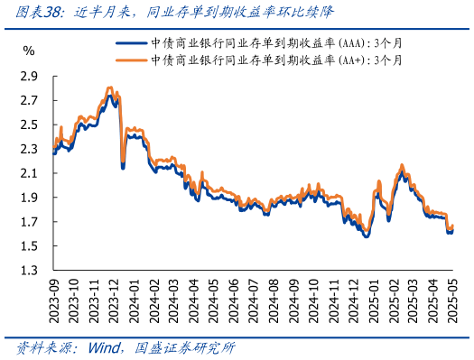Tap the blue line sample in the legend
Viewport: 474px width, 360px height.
[x=129, y=42]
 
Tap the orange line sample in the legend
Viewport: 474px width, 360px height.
[x=129, y=60]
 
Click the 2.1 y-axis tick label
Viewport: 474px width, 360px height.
[x=29, y=173]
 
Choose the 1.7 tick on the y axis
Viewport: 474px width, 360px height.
[x=29, y=222]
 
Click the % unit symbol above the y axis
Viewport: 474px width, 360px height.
[x=29, y=51]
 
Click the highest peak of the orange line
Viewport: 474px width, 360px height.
[x=110, y=88]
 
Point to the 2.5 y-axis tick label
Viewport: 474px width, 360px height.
[x=29, y=124]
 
